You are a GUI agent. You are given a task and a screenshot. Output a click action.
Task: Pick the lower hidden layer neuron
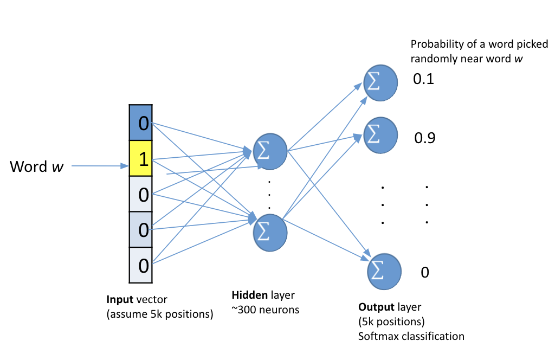[x=270, y=230]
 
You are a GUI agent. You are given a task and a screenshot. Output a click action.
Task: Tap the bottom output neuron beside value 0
[x=384, y=270]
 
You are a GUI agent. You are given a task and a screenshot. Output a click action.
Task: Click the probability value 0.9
[x=425, y=138]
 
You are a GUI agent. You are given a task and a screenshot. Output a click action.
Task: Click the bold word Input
[x=119, y=299]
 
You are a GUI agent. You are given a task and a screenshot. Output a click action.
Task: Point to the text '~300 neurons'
[x=266, y=310]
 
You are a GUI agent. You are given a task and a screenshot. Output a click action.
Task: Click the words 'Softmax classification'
[x=411, y=336]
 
